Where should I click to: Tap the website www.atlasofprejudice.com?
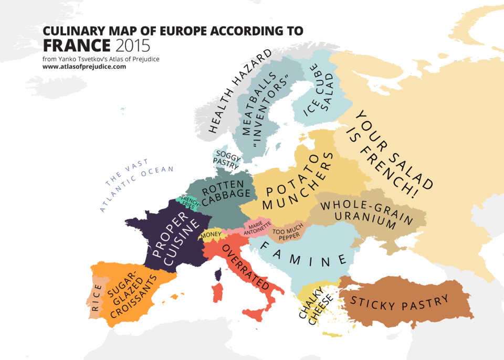pos(84,67)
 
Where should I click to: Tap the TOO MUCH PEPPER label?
pos(286,234)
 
